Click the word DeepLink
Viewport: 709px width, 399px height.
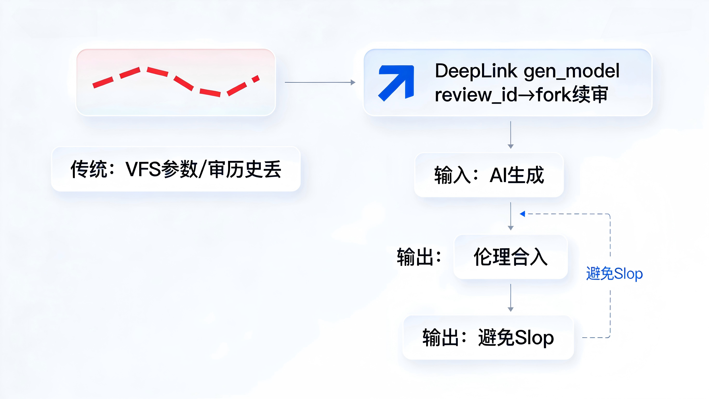476,71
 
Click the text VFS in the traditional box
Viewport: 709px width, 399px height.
143,169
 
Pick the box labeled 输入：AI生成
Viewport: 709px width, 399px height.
489,175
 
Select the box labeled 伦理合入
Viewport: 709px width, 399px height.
511,257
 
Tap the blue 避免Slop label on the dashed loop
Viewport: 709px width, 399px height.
614,274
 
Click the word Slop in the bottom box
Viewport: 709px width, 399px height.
534,338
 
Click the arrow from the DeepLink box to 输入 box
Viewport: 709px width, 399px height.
511,135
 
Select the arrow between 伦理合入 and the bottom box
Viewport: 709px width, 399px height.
511,298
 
